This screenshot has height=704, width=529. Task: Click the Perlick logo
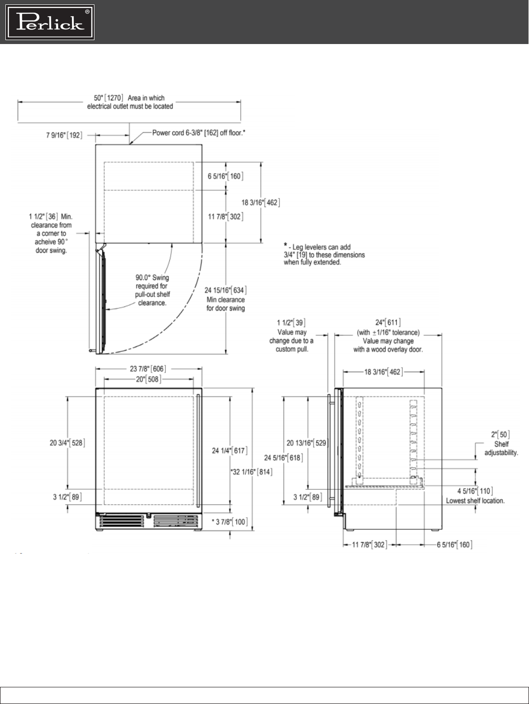click(x=50, y=22)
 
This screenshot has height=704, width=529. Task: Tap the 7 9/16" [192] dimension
click(x=64, y=135)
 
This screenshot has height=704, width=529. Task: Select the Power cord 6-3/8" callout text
click(x=199, y=133)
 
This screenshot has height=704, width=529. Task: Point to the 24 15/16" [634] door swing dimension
click(x=226, y=290)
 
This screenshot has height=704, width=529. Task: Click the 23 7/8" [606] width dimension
click(x=148, y=369)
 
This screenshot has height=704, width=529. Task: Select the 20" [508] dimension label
click(x=149, y=379)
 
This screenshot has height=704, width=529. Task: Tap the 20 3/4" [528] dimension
click(x=67, y=443)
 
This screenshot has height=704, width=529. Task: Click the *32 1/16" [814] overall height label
click(x=252, y=472)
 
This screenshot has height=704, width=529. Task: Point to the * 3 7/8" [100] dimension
click(x=230, y=522)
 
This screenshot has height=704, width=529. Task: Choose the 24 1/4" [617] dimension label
click(x=230, y=451)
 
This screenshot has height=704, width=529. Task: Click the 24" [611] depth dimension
click(x=388, y=322)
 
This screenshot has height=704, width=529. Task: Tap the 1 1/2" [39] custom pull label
click(x=291, y=323)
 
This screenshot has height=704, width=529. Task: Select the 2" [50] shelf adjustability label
click(x=500, y=434)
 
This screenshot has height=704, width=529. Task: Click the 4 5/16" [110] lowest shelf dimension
click(x=475, y=491)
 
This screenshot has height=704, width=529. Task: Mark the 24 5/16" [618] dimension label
click(x=283, y=458)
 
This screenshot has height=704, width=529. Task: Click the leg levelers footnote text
click(x=324, y=255)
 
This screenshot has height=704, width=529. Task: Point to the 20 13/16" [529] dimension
click(x=306, y=443)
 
